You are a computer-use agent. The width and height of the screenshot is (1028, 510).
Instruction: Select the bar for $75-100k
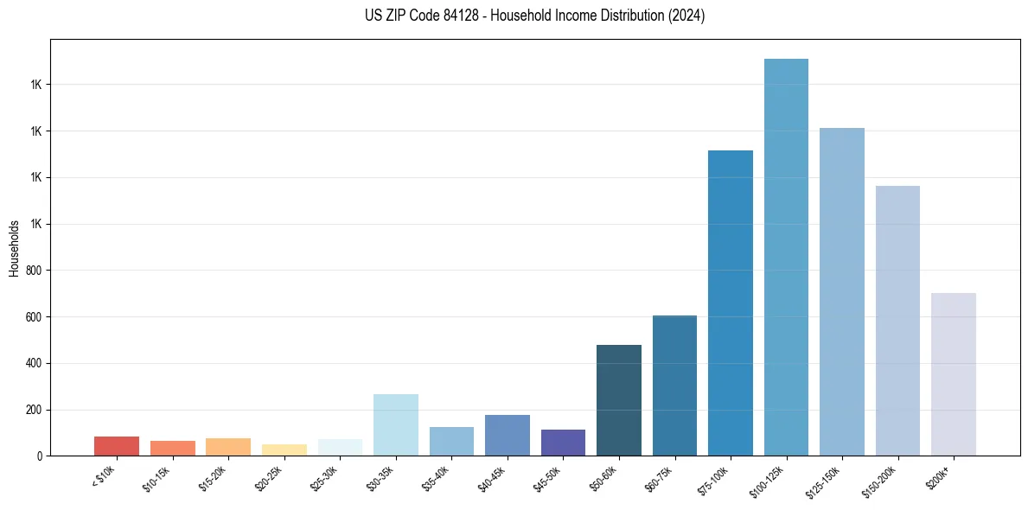731,303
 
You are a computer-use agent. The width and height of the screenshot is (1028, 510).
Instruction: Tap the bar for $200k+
954,374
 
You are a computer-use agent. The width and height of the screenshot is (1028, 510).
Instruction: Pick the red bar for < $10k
117,446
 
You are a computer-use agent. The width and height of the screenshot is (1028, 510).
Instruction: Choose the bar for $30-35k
396,424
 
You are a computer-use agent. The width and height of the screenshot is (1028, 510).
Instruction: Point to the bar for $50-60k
619,400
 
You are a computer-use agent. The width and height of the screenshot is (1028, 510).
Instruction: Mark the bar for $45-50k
563,443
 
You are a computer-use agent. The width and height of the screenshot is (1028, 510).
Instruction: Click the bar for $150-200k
897,321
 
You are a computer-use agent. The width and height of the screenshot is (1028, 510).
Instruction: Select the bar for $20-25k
284,449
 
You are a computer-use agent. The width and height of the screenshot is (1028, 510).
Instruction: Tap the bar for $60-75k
674,386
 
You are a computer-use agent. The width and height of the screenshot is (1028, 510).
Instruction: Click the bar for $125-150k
842,291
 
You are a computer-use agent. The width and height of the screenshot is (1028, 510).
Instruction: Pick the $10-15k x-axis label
157,479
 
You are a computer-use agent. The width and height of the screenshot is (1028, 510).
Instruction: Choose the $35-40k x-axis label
437,479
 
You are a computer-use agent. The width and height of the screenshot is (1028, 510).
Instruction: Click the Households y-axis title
14,248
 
